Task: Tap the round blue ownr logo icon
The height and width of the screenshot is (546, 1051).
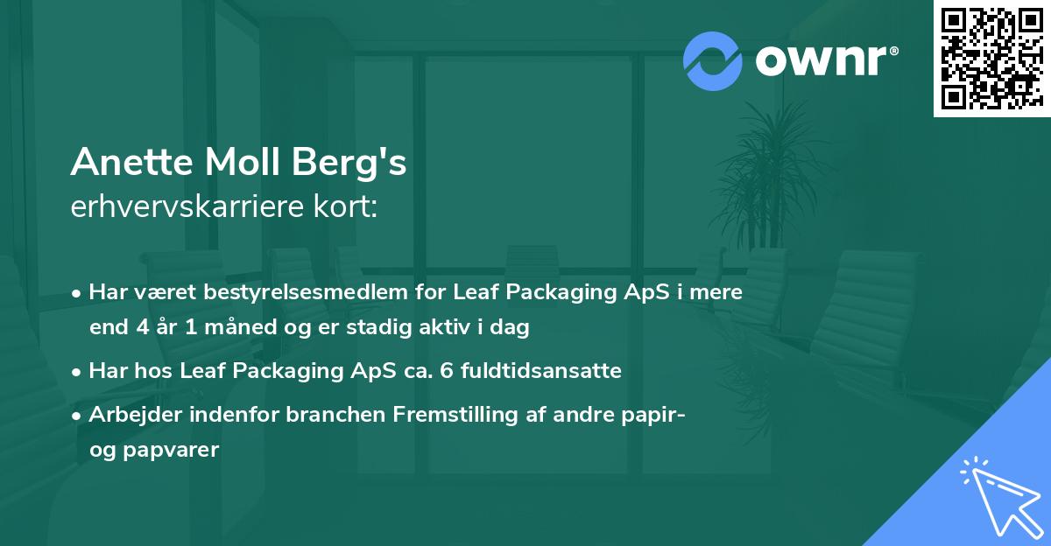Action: click(713, 60)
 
